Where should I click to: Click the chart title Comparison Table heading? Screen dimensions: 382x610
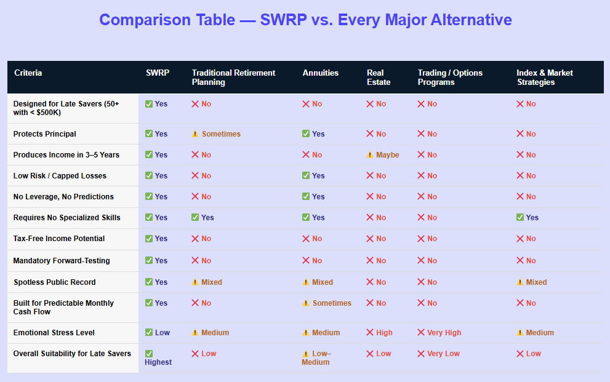[x=305, y=20]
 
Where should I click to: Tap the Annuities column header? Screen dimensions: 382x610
[x=320, y=73]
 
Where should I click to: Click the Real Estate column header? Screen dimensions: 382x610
[x=379, y=78]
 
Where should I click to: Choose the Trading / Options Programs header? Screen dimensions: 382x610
[x=450, y=78]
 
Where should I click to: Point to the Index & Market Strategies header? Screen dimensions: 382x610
[x=544, y=78]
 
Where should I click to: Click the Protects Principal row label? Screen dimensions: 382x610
[x=45, y=134]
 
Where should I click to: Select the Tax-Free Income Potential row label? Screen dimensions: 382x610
[x=59, y=239]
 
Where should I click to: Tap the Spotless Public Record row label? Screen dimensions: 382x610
[x=55, y=282]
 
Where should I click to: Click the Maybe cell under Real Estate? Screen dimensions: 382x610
[x=383, y=155]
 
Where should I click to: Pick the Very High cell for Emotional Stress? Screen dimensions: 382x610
[x=439, y=333]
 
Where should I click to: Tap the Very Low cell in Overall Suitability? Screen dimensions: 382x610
[x=438, y=354]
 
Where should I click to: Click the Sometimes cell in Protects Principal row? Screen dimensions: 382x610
[x=216, y=134]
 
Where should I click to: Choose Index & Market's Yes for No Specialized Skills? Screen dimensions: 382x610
[x=528, y=218]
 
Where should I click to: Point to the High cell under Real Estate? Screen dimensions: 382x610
[x=379, y=333]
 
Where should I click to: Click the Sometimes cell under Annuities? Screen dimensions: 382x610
[x=327, y=303]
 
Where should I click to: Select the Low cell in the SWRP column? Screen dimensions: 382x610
[x=158, y=333]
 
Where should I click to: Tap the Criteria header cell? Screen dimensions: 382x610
[x=28, y=73]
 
